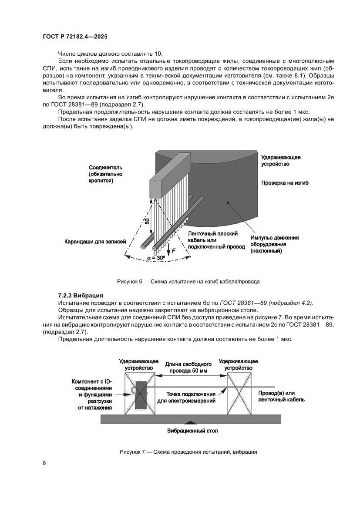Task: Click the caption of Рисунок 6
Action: [188, 281]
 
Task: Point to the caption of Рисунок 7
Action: [188, 452]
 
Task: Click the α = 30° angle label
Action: [156, 258]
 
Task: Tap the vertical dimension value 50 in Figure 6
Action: [148, 221]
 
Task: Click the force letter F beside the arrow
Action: [174, 251]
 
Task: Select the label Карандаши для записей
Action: [95, 241]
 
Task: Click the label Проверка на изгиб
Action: [285, 183]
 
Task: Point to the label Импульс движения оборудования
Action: [274, 244]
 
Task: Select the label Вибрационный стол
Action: [192, 431]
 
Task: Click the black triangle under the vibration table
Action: [188, 421]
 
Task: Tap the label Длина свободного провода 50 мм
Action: [188, 367]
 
